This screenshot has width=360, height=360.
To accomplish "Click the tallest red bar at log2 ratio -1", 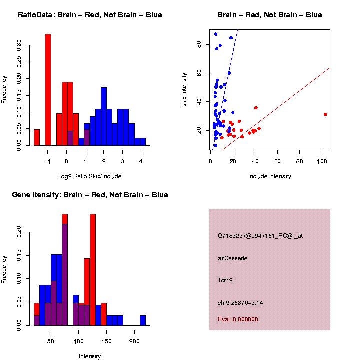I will [48, 90].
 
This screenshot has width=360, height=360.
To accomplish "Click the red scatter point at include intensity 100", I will [325, 114].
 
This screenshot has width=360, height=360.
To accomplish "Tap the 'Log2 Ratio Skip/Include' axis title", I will [90, 176].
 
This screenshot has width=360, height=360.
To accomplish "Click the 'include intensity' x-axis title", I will [269, 176].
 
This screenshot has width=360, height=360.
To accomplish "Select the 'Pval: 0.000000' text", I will [238, 319].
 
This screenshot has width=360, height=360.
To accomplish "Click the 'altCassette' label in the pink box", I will [233, 258].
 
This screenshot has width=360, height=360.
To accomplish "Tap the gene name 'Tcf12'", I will [225, 280].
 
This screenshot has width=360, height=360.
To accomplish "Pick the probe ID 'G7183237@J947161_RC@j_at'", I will [260, 236].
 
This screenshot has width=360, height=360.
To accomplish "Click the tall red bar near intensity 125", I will [93, 270].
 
